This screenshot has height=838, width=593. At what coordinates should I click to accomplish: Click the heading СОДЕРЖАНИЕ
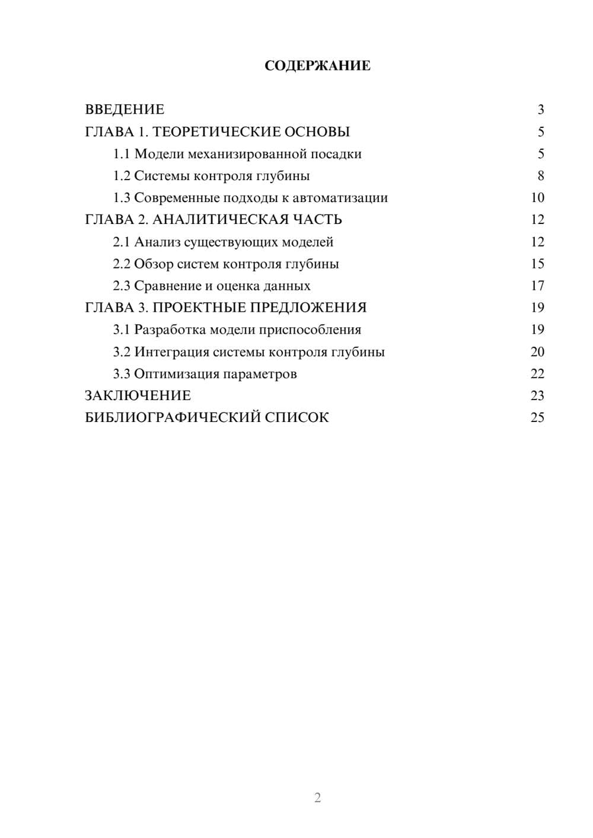pyautogui.click(x=317, y=66)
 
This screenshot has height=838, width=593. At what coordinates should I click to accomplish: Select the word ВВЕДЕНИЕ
pyautogui.click(x=125, y=110)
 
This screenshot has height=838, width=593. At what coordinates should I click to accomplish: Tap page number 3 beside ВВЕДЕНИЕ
pyautogui.click(x=540, y=110)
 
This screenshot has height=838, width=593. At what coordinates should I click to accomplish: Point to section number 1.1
pyautogui.click(x=122, y=154)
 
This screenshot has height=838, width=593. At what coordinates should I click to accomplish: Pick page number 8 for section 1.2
pyautogui.click(x=540, y=176)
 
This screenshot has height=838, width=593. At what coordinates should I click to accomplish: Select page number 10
pyautogui.click(x=537, y=198)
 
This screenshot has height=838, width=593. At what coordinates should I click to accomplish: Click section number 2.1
pyautogui.click(x=122, y=242)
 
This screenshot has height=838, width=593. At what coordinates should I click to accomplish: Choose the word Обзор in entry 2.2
pyautogui.click(x=154, y=264)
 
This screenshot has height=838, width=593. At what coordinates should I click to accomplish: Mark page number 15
pyautogui.click(x=537, y=264)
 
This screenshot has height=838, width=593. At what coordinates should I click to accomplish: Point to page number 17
pyautogui.click(x=537, y=286)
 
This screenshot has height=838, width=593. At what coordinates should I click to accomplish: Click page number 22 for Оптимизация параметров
pyautogui.click(x=537, y=374)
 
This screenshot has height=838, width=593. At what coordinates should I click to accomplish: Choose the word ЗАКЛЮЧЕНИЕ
pyautogui.click(x=138, y=396)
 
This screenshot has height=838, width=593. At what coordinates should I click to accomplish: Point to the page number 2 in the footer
pyautogui.click(x=317, y=798)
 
